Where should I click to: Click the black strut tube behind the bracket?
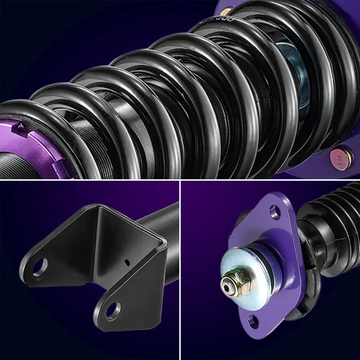pos(162,223)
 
